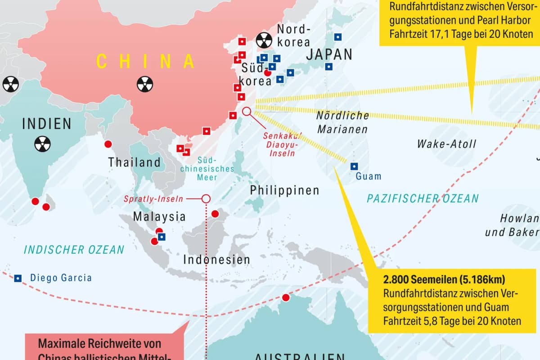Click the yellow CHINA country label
(x=145, y=61)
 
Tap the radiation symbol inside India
(x=43, y=144)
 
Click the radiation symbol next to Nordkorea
(x=263, y=41)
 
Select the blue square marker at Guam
(x=354, y=166)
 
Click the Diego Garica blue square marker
(x=18, y=278)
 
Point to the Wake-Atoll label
(x=446, y=144)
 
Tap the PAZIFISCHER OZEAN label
(x=423, y=198)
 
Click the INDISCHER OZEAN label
(x=74, y=250)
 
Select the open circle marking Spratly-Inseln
(x=206, y=198)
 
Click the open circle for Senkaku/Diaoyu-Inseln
(x=247, y=111)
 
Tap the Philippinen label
(x=284, y=190)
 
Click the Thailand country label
(x=134, y=162)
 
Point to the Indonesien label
(x=216, y=260)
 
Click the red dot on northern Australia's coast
(x=285, y=297)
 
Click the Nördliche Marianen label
(x=342, y=122)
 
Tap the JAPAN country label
(x=329, y=54)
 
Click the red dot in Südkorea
(x=267, y=72)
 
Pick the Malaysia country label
(x=159, y=216)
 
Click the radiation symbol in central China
(x=145, y=84)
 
